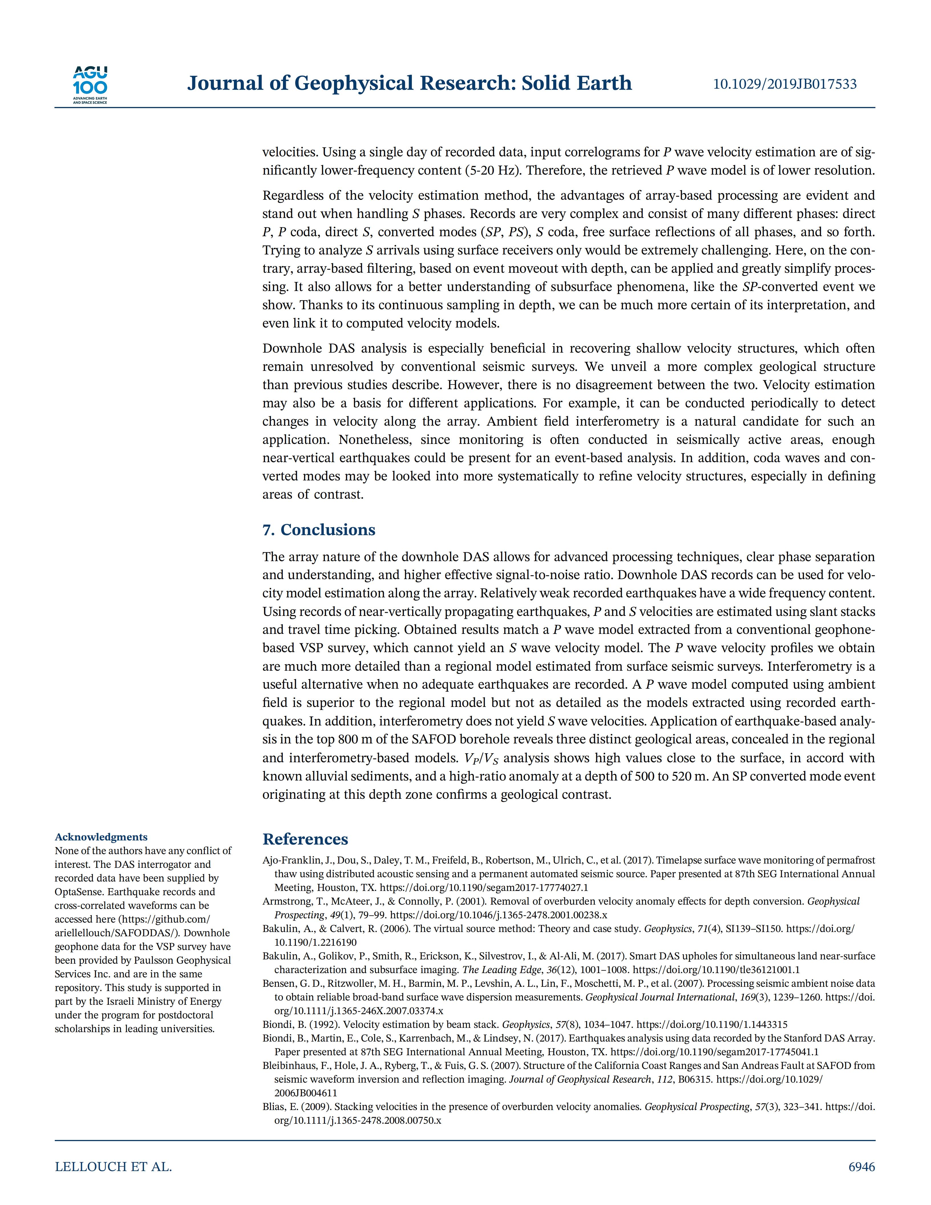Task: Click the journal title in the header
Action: click(409, 83)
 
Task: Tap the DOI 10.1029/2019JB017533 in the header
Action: click(785, 84)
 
